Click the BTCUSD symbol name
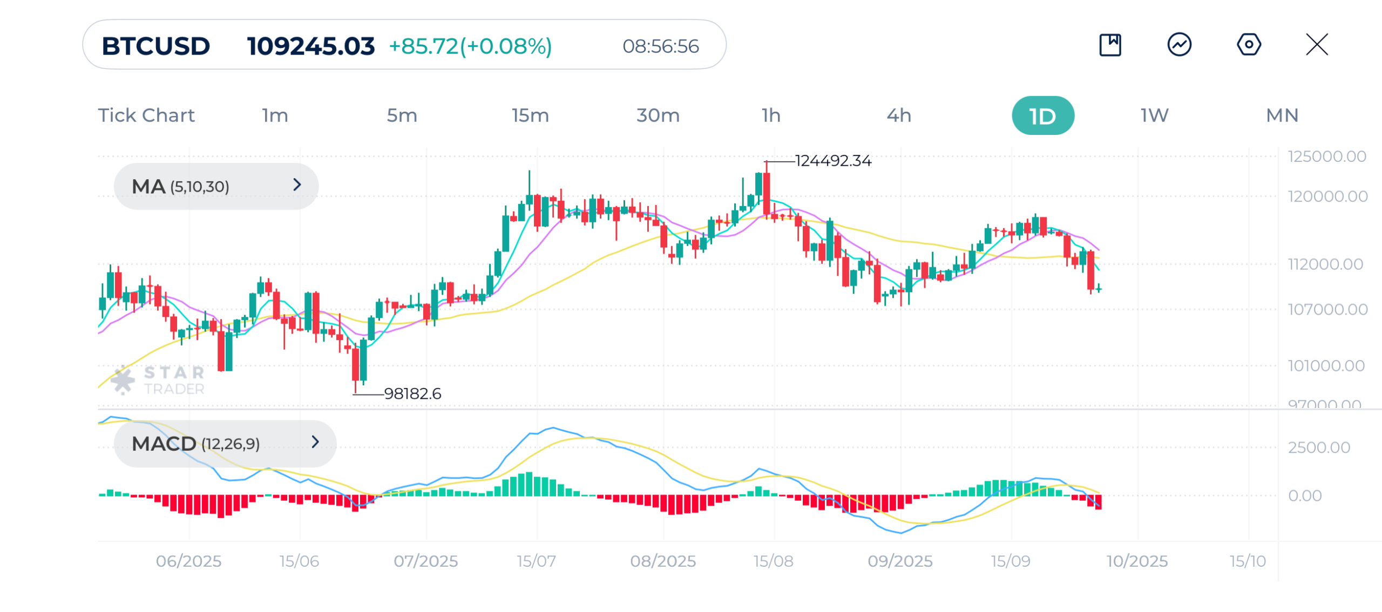coord(155,46)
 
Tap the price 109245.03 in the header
coord(310,46)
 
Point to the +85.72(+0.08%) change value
coord(470,46)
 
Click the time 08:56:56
coord(660,46)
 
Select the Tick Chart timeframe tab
coord(146,115)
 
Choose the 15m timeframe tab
coord(530,115)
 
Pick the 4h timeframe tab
coord(899,115)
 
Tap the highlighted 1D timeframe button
coord(1042,115)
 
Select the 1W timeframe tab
coord(1154,115)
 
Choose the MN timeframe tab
coord(1282,115)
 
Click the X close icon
coord(1317,44)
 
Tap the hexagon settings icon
coord(1249,44)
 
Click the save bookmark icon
coord(1110,45)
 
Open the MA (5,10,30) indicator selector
coord(216,187)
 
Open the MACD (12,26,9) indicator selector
coord(225,444)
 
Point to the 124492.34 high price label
coord(833,161)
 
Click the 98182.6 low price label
coord(412,394)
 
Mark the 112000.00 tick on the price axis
coord(1325,264)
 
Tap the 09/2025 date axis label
coord(900,561)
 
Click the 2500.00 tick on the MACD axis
coord(1318,447)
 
